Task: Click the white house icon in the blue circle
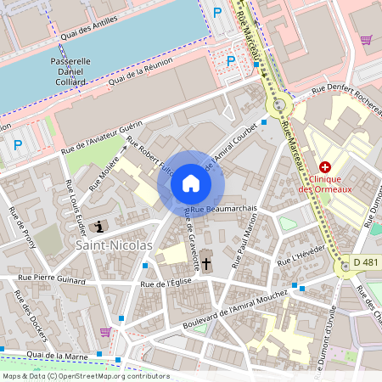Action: pos(191,183)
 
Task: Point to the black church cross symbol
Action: pos(206,265)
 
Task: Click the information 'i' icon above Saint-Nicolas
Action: pos(102,226)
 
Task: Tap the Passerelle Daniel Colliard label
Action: pos(71,71)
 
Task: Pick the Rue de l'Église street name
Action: pos(167,284)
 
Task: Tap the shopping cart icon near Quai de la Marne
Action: pos(105,332)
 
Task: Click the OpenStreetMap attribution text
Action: pos(85,376)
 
